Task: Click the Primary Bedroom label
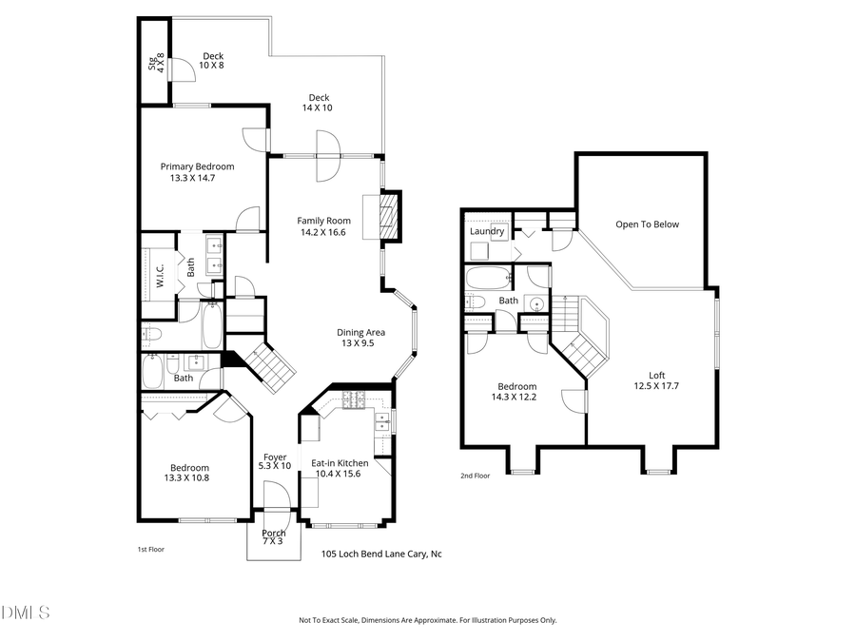pos(197,166)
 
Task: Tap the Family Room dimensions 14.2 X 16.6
pos(323,232)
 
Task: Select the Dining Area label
pos(360,332)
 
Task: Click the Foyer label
pos(275,457)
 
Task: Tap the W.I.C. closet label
pos(162,276)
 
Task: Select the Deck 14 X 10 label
pos(319,97)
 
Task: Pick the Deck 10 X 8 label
pos(212,56)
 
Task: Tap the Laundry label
pos(487,231)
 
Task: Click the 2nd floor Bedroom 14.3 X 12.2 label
pos(514,387)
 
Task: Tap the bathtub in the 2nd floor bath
pos(487,280)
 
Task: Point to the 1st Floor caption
pos(151,549)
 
